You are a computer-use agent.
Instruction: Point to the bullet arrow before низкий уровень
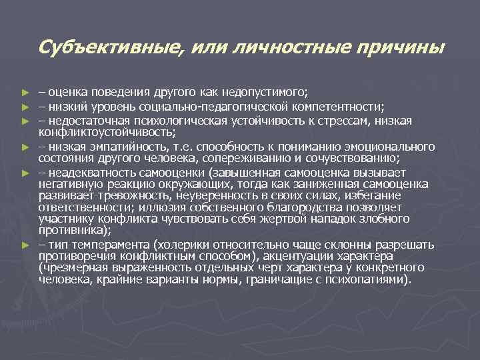tap(25, 107)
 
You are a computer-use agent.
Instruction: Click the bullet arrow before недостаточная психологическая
tap(25, 121)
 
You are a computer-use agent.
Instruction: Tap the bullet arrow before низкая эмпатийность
tap(25, 147)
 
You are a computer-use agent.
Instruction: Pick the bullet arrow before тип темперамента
tap(25, 245)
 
